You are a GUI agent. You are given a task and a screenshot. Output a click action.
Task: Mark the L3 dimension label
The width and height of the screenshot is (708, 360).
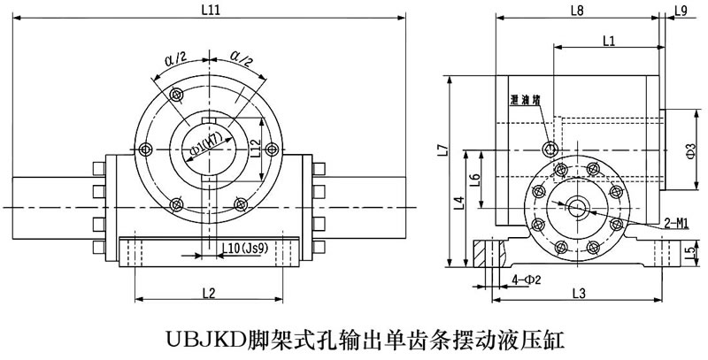tap(579, 292)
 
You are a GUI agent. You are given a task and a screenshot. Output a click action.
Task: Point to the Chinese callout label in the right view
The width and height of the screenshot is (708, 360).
tap(525, 100)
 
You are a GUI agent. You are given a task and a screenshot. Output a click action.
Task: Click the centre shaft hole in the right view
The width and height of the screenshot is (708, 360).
tap(576, 207)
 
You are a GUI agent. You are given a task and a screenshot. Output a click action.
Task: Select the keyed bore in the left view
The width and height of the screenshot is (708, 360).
tap(206, 149)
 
